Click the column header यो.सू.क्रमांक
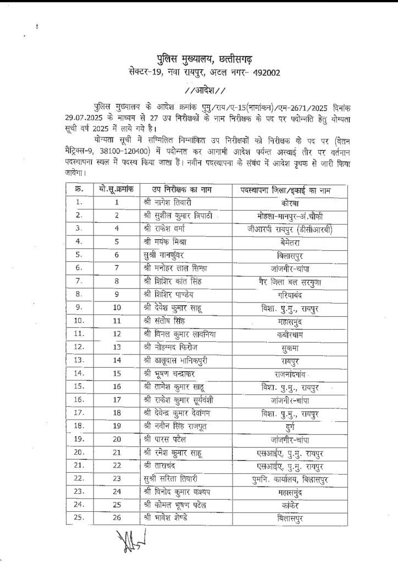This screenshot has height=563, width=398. (x=117, y=190)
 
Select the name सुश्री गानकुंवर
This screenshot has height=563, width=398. (x=165, y=255)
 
